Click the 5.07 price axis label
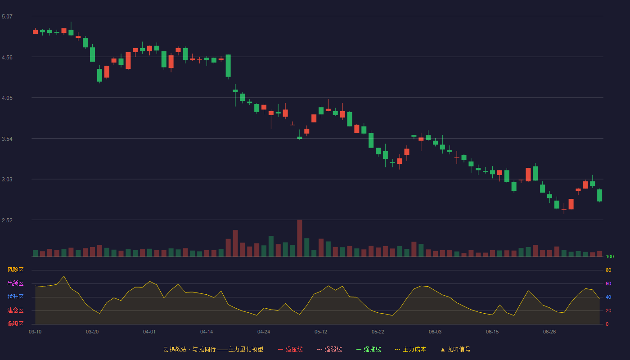coord(7,17)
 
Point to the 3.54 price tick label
coord(7,139)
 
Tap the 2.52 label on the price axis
coord(7,220)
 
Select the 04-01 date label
coord(149,332)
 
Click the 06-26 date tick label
coord(549,332)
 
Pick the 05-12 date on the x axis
coord(320,332)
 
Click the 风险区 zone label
coord(15,270)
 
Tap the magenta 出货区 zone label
coord(15,283)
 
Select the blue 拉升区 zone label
coord(15,297)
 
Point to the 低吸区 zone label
coord(15,324)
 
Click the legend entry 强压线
coord(290,349)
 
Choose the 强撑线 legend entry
coord(369,349)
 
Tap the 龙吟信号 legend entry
coord(455,349)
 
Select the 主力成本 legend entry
coord(410,349)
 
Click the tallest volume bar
coord(300,238)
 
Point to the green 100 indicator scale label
coord(610,256)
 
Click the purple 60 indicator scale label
coord(608,283)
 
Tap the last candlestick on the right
coord(599,195)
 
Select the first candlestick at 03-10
coord(35,31)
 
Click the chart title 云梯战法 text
coord(175,349)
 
